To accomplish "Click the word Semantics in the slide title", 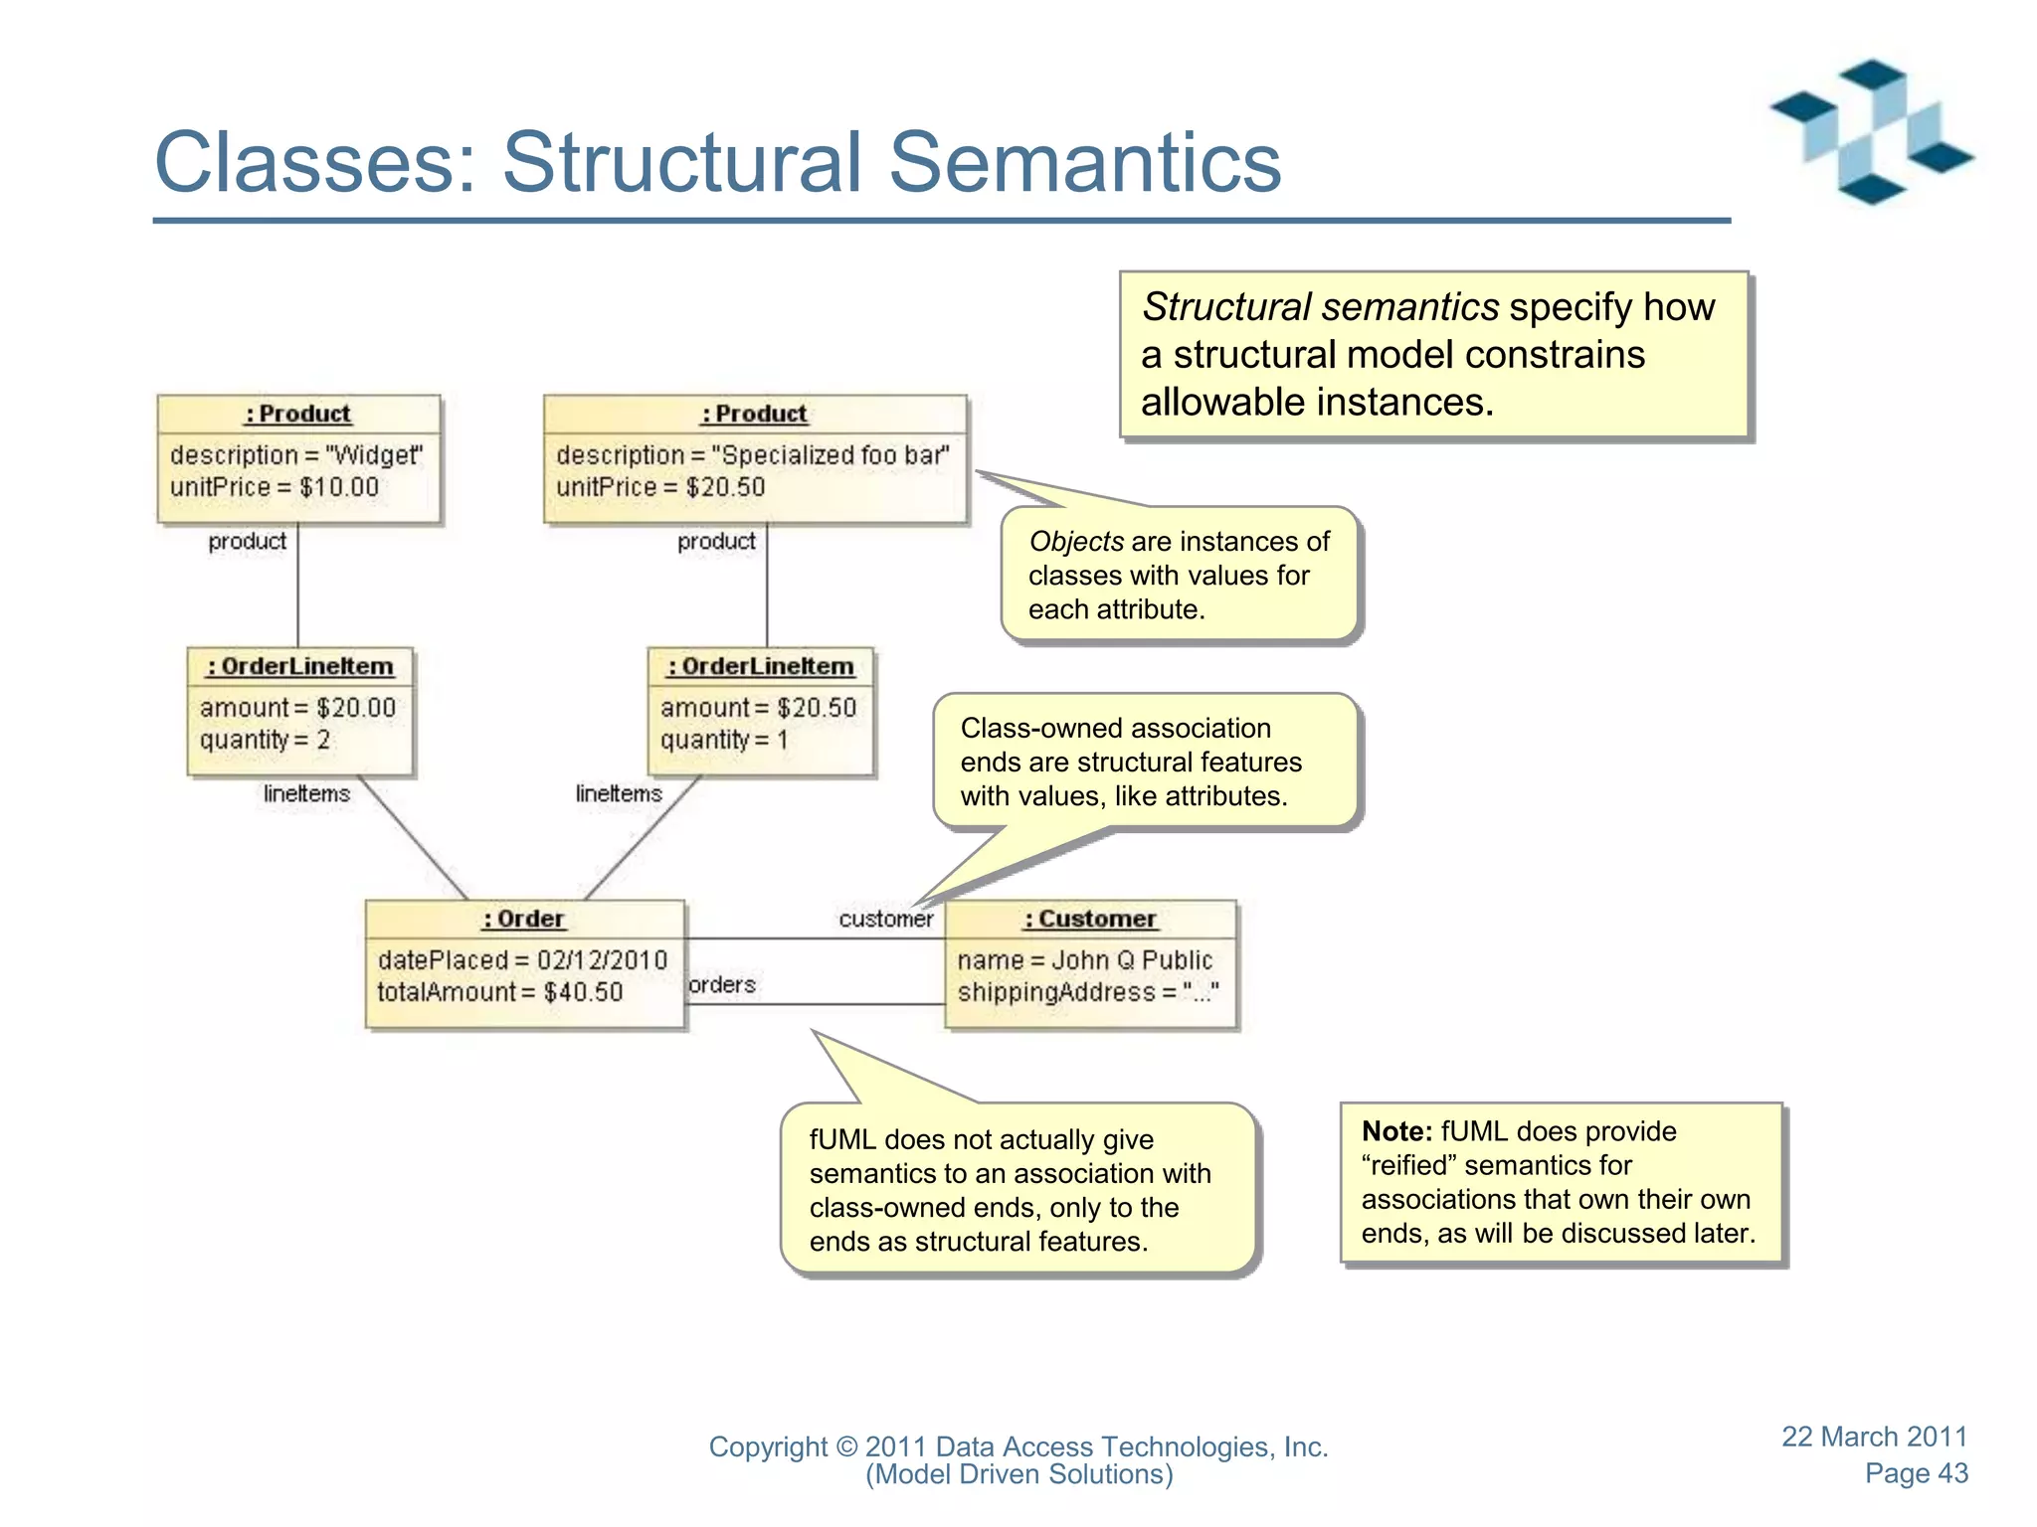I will tap(1084, 162).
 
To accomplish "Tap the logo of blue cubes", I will tap(1871, 132).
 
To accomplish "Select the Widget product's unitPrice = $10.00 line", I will tap(274, 487).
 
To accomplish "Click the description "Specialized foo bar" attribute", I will tap(752, 455).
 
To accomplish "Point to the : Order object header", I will tap(524, 919).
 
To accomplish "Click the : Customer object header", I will tap(1090, 919).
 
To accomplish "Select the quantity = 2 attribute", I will tap(265, 740).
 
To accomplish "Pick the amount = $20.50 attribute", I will tap(758, 708).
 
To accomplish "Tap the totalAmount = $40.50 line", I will tap(499, 992).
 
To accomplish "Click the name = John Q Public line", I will tap(1084, 960).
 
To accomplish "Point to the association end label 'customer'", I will tap(885, 920).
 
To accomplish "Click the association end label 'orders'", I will tap(722, 984).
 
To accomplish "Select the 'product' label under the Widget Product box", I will tap(247, 542).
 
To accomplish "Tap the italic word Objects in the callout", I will tap(1075, 542).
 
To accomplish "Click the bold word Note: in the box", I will tap(1396, 1131).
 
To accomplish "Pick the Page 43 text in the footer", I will tap(1916, 1473).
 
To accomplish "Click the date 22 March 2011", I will tap(1874, 1437).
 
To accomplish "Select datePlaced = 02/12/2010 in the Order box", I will tap(522, 960).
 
